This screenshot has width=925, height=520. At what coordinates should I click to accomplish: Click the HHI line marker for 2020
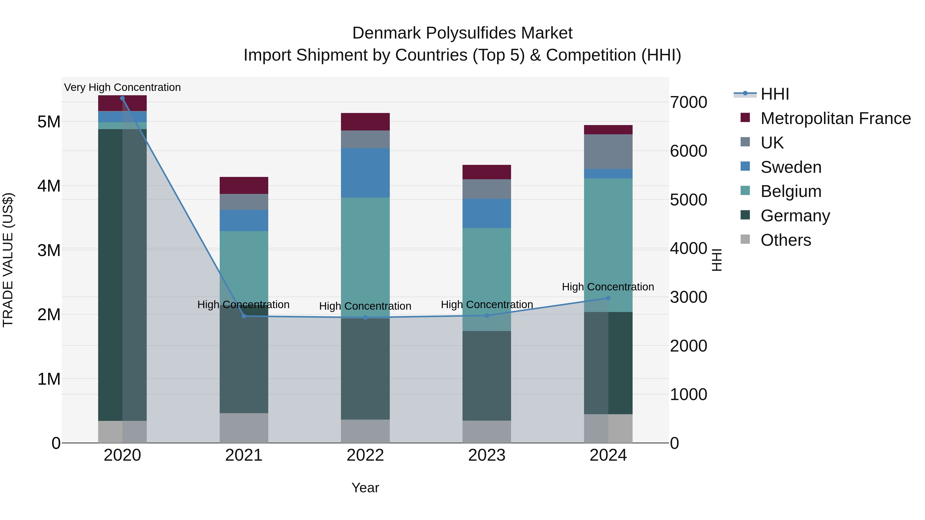point(123,98)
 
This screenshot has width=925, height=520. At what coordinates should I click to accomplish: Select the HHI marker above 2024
point(608,298)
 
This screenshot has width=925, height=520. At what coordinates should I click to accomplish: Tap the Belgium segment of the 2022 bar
point(365,257)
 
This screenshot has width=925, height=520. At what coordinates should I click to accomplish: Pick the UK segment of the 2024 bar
point(608,152)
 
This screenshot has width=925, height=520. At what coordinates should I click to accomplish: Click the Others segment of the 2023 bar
point(487,431)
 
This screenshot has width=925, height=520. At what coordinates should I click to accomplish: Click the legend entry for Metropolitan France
point(835,118)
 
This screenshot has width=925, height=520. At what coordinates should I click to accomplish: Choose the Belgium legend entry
point(791,191)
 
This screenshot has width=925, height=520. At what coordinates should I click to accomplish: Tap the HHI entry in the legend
point(774,94)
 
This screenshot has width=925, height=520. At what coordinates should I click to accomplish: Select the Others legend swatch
point(745,239)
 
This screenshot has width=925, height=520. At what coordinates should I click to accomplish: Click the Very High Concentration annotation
point(123,87)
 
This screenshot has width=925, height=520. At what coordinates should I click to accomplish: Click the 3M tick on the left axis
point(49,250)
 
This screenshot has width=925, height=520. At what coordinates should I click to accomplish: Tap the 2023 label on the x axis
point(487,455)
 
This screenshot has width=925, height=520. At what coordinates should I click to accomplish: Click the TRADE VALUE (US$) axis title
point(8,260)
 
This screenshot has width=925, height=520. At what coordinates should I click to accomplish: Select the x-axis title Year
point(365,488)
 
